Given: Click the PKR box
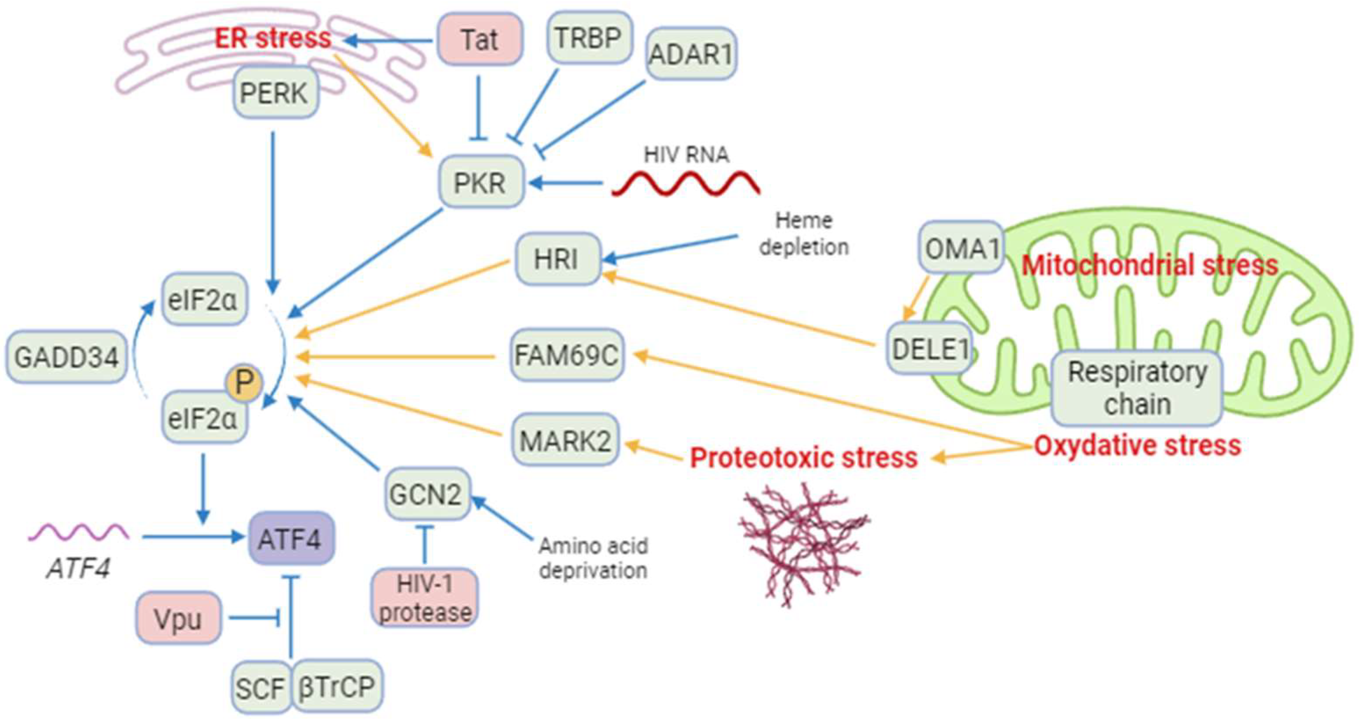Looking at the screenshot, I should pos(481,182).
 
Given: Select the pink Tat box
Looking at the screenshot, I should pos(480,39).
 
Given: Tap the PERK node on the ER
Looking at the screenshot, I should pos(275,93).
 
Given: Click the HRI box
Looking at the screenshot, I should pos(557,259).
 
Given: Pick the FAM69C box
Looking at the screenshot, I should pos(567,355).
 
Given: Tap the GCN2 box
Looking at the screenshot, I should pos(426,494).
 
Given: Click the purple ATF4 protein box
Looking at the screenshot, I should pos(290,538).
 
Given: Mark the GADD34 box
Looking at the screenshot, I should pos(66,357).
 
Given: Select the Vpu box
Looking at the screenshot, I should pos(178,618).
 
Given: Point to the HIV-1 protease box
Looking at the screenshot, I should pos(425,598).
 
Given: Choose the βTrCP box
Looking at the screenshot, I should pos(336,687).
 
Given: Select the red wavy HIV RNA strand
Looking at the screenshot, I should pos(686,184).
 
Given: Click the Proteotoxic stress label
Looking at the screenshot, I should pos(804,457).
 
